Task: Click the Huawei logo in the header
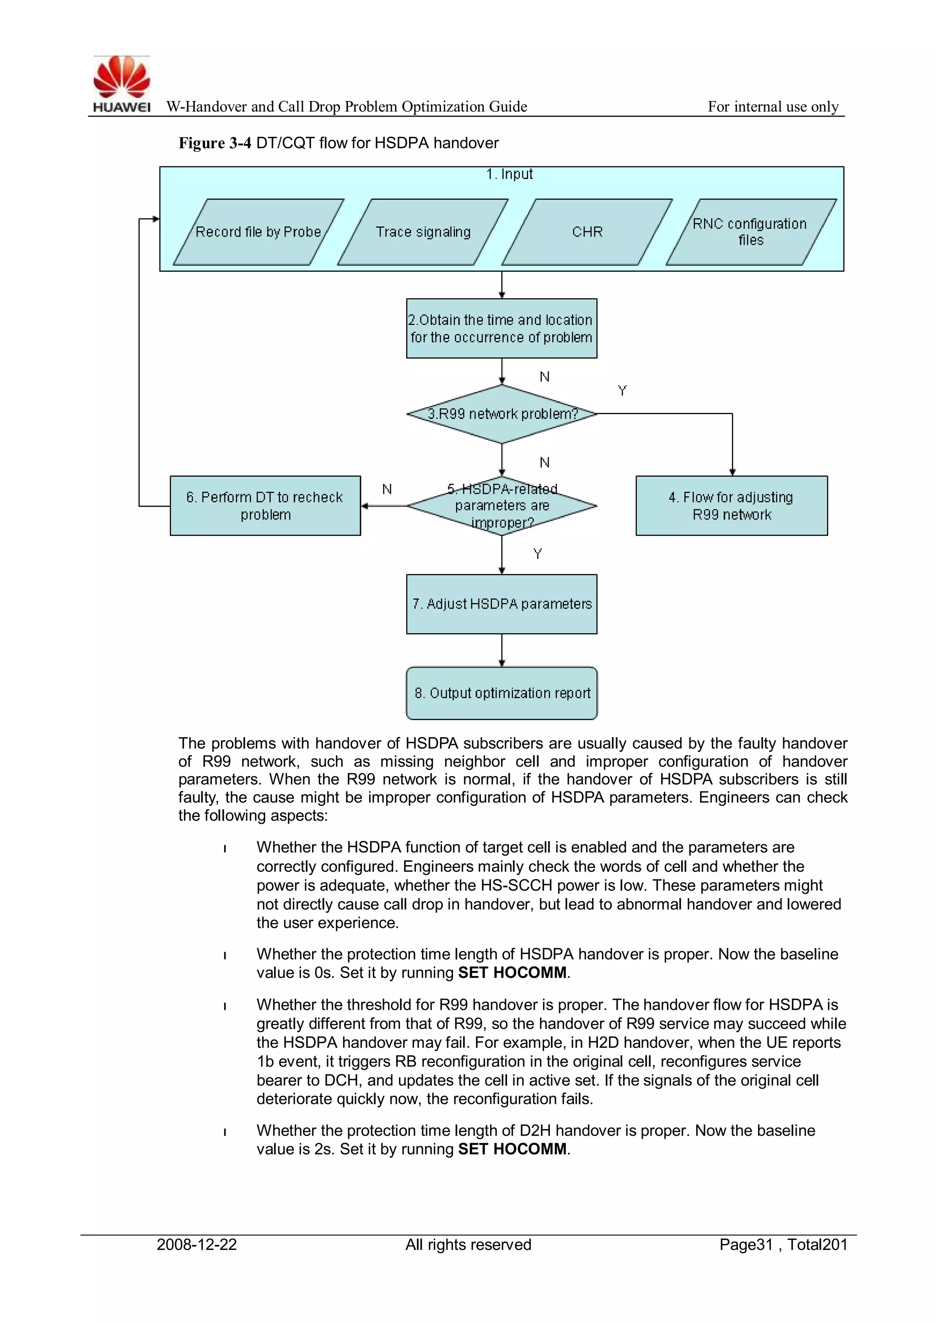[x=122, y=84]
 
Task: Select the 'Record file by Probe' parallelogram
[x=258, y=232]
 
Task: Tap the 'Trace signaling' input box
[x=423, y=232]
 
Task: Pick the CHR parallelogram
[x=587, y=232]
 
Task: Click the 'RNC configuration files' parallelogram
[x=751, y=232]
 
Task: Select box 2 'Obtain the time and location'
[x=501, y=328]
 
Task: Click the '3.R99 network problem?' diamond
[x=502, y=414]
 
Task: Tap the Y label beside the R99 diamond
[x=622, y=391]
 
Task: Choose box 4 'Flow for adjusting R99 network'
[x=731, y=506]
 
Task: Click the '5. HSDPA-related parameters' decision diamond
[x=502, y=506]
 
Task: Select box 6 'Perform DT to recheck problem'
[x=265, y=506]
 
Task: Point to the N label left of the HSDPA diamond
[x=387, y=489]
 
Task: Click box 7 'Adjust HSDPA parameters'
[x=501, y=604]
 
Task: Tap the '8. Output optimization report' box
[x=502, y=693]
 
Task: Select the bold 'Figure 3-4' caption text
[x=215, y=143]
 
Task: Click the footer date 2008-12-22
[x=197, y=1244]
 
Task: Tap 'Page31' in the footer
[x=745, y=1244]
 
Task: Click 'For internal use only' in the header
[x=773, y=107]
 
